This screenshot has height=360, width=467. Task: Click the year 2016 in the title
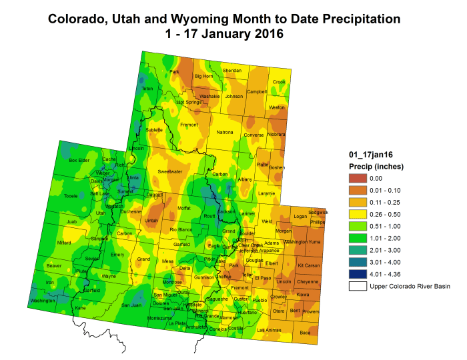tap(263, 33)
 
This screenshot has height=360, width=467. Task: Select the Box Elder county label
tap(79, 161)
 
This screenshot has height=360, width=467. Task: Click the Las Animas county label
tap(269, 330)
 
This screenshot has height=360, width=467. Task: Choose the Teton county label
tap(147, 89)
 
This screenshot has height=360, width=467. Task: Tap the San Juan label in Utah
tap(130, 305)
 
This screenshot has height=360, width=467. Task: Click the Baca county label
tap(305, 332)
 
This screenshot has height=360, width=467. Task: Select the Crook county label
tap(279, 82)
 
